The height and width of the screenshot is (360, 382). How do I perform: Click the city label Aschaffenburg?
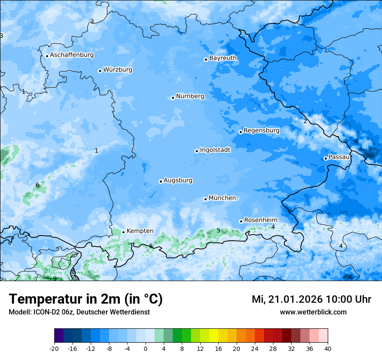click(72, 55)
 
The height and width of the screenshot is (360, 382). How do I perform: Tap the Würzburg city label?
click(118, 70)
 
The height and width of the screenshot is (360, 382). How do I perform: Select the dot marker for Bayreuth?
click(206, 59)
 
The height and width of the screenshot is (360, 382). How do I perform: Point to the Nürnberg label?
click(190, 96)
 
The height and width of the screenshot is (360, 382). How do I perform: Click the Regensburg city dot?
click(240, 132)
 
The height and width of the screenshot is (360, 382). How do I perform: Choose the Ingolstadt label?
click(215, 150)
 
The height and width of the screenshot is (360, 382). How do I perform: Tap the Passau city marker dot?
click(326, 158)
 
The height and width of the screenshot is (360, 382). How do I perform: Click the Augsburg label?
click(178, 180)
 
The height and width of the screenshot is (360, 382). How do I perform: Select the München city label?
click(222, 198)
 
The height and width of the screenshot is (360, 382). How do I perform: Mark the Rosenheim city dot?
click(241, 221)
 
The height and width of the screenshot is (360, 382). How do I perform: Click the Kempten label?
click(140, 231)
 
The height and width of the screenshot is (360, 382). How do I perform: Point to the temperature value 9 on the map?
click(55, 278)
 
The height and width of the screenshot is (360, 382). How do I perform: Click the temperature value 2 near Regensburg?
click(305, 121)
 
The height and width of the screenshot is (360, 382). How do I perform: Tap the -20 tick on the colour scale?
click(54, 348)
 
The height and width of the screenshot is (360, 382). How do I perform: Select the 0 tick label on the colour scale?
click(145, 348)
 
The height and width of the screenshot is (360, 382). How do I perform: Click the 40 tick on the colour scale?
click(328, 348)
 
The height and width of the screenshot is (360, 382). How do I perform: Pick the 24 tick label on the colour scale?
click(255, 348)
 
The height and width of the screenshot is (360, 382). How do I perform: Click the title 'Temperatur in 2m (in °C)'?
click(86, 299)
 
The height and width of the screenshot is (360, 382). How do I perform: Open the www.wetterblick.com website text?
click(313, 312)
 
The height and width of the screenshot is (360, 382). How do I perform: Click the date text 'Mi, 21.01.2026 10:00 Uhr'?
click(311, 299)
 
